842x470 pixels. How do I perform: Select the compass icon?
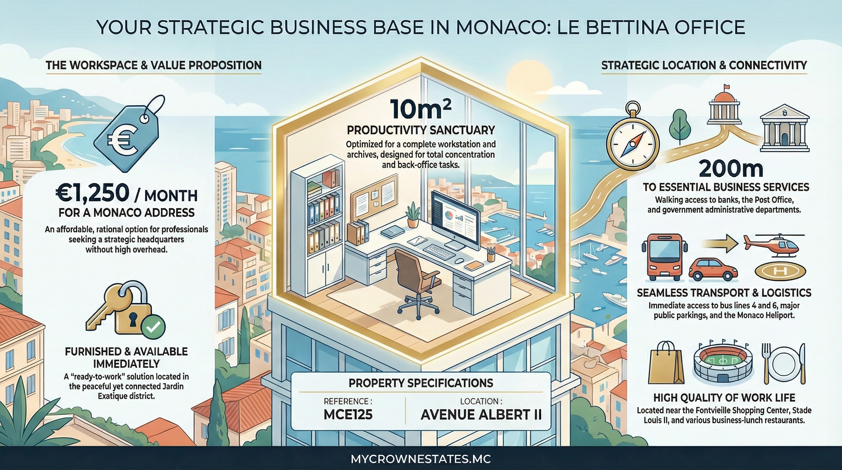click(632, 143)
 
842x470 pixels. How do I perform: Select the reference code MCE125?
click(348, 414)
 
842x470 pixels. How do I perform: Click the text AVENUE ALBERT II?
click(481, 414)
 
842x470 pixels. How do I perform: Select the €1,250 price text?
click(92, 193)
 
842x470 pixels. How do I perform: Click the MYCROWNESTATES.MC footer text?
click(421, 459)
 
